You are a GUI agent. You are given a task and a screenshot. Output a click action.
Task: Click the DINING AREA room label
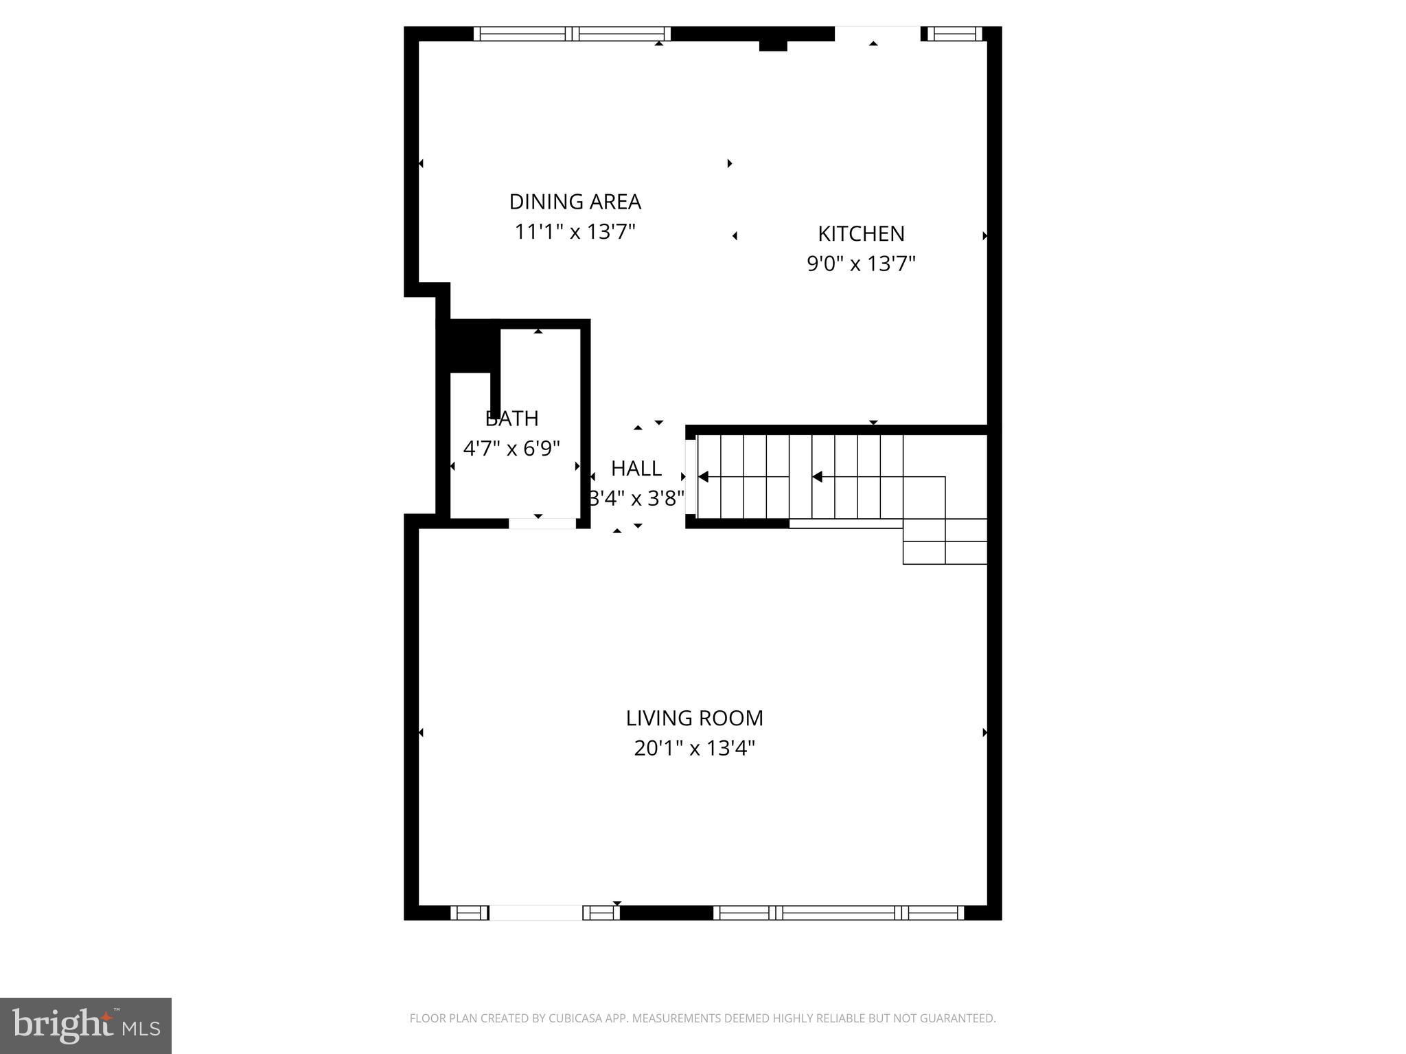(x=575, y=202)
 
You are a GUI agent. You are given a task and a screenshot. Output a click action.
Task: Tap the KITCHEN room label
(x=861, y=234)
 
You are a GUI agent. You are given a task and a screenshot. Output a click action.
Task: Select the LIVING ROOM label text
(x=694, y=718)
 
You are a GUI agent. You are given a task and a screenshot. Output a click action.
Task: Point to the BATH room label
(x=511, y=419)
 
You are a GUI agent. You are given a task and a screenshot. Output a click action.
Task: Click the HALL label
(x=636, y=469)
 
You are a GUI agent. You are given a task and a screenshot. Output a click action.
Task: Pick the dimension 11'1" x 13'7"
(x=575, y=232)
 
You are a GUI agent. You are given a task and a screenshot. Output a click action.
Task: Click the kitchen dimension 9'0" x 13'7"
(x=861, y=263)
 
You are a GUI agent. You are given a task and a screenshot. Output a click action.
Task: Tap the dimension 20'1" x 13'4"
(x=694, y=748)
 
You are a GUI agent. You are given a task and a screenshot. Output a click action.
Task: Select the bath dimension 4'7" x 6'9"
(x=511, y=449)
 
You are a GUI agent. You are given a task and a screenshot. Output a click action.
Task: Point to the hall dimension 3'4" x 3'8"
(x=636, y=499)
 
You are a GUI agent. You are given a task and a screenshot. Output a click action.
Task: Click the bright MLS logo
(x=86, y=1026)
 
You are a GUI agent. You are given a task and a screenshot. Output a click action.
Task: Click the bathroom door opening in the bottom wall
(x=542, y=524)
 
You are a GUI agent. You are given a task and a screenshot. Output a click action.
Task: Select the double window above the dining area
(x=572, y=34)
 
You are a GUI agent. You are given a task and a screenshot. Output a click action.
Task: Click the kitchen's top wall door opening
(x=877, y=34)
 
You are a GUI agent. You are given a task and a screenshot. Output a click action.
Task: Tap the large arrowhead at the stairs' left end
(x=703, y=476)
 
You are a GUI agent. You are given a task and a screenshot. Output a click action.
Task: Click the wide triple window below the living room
(x=838, y=913)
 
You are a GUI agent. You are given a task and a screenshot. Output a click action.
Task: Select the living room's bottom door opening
(x=535, y=913)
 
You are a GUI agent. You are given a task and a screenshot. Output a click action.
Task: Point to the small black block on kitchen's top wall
(x=772, y=45)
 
